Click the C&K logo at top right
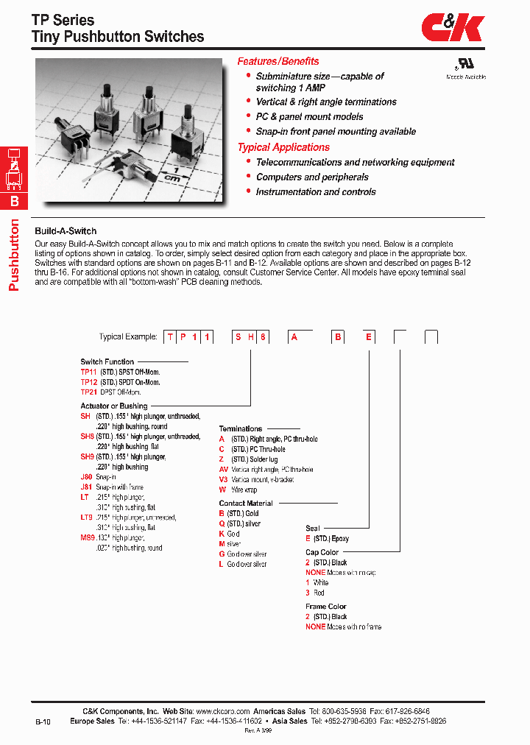click(453, 29)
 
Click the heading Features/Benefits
click(278, 62)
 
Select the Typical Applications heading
click(283, 147)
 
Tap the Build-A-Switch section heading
click(66, 231)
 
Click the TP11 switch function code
click(88, 372)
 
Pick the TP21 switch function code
click(88, 392)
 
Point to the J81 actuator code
click(87, 487)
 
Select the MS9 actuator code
click(88, 538)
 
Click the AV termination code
click(224, 470)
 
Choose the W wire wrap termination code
click(222, 490)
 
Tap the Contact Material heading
click(246, 504)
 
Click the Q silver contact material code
click(222, 523)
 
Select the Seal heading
click(313, 529)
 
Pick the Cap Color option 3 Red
click(308, 593)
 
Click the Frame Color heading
click(326, 607)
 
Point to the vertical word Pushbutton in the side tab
click(13, 255)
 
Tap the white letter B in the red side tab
click(14, 201)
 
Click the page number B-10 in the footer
click(43, 723)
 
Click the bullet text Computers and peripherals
click(312, 177)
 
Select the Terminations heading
click(241, 428)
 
